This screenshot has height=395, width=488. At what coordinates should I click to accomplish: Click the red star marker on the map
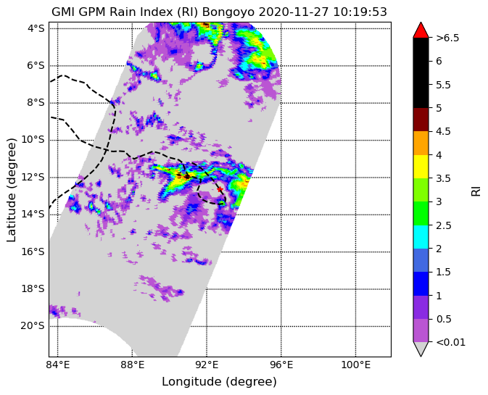tap(220, 189)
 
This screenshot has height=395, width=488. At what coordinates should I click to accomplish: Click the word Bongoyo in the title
tap(228, 12)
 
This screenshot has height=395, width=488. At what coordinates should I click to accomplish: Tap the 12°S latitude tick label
tap(33, 178)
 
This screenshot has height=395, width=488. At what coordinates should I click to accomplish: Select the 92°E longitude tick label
tap(207, 365)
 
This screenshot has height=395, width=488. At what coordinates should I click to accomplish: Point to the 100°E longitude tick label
tap(356, 365)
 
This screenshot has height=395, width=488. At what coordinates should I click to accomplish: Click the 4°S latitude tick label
tap(36, 28)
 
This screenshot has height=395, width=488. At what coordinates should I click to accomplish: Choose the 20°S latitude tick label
tap(33, 326)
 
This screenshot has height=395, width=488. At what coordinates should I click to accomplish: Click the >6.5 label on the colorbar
tap(447, 38)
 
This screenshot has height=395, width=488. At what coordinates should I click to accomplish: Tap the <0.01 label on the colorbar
tap(451, 342)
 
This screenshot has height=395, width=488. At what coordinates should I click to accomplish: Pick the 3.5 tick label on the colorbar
tap(443, 178)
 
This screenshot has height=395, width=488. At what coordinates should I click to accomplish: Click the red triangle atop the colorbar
tap(421, 30)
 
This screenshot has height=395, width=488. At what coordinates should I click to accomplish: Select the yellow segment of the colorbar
tap(421, 167)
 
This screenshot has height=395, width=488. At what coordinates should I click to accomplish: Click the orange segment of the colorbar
tap(421, 143)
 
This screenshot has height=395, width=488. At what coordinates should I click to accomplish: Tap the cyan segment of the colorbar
tap(421, 237)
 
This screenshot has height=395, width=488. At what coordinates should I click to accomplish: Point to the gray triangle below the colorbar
tap(421, 349)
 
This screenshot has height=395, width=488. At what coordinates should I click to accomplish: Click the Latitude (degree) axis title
tap(11, 190)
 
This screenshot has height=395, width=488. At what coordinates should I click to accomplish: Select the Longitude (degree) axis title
tap(220, 382)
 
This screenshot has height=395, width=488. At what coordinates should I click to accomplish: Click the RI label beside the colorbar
tap(476, 190)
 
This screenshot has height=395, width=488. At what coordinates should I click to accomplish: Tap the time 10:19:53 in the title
tap(360, 12)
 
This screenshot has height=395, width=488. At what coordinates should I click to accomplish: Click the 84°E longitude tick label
tap(58, 365)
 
